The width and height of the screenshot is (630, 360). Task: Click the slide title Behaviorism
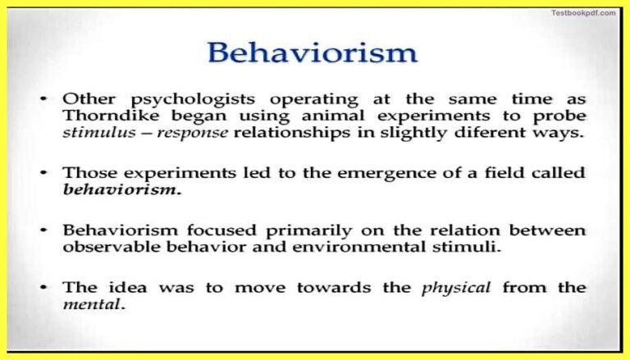312,52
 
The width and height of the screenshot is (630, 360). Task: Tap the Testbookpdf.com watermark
583,12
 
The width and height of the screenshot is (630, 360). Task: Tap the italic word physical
458,287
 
